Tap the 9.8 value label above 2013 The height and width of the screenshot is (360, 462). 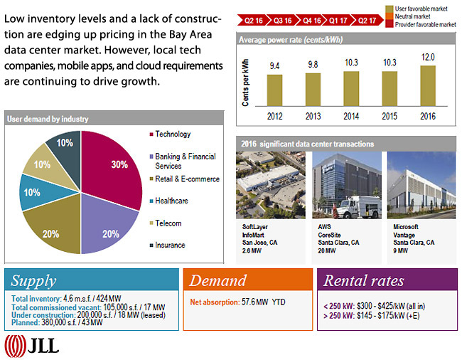(x=313, y=65)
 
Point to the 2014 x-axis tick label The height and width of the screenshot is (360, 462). (x=352, y=116)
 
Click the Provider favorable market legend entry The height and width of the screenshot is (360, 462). (x=424, y=24)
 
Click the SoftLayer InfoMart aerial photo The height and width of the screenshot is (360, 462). (x=271, y=186)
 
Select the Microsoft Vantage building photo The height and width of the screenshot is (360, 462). (x=421, y=186)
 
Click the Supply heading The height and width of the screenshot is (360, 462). (x=33, y=280)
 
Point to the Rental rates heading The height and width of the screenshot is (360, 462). (x=363, y=280)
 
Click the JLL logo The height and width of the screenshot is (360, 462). (x=32, y=346)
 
